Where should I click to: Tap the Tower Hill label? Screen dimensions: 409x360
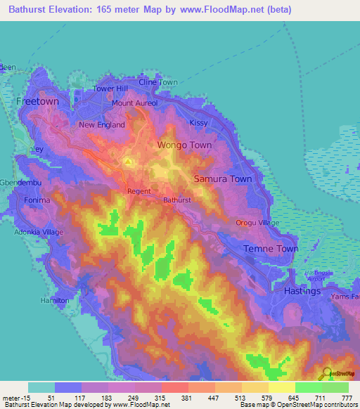111,89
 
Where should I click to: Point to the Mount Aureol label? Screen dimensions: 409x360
134,103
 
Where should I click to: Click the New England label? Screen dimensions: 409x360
102,125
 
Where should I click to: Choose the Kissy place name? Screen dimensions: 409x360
199,123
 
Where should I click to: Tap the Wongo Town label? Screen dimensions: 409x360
184,145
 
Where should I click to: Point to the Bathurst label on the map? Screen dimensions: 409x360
177,200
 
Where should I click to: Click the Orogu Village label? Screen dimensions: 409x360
257,223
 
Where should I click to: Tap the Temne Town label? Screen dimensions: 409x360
271,249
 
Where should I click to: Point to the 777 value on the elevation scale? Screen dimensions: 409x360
345,398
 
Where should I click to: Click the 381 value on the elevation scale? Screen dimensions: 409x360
188,398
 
